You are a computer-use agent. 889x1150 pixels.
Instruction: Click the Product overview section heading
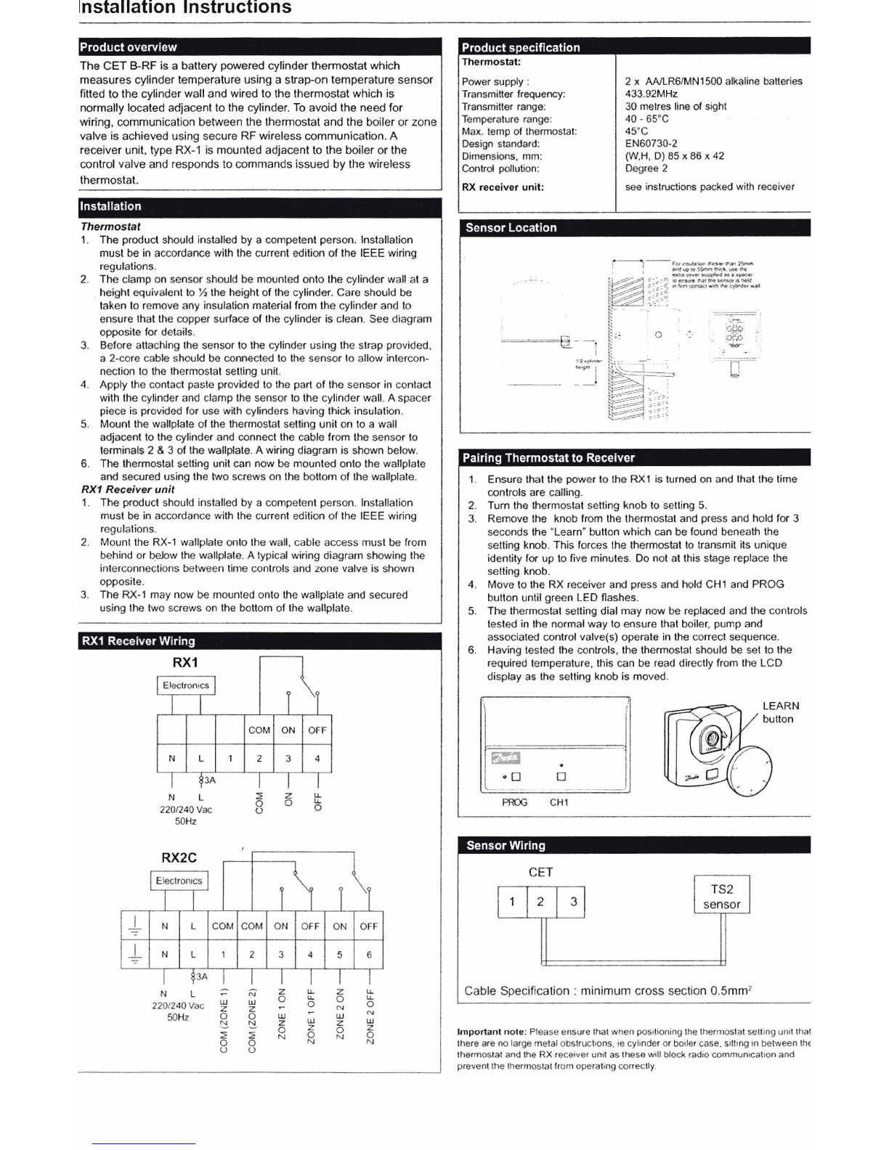(x=129, y=47)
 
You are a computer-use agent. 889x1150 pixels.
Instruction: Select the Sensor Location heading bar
(x=511, y=228)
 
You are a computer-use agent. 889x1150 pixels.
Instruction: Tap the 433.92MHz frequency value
(x=651, y=94)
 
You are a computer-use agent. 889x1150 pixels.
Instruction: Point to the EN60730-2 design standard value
(x=651, y=144)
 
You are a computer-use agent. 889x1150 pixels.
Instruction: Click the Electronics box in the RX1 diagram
(x=186, y=685)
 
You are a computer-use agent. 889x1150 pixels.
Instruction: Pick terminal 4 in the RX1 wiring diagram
(x=317, y=759)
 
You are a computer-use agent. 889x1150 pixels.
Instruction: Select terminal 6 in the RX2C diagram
(x=368, y=955)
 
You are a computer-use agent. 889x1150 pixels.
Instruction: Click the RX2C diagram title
(x=179, y=857)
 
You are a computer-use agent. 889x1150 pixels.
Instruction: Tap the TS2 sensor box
(x=721, y=897)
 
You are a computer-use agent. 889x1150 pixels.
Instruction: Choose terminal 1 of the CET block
(x=511, y=902)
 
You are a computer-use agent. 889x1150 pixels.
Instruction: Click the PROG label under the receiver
(x=514, y=802)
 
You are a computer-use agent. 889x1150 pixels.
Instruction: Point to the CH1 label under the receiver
(x=559, y=802)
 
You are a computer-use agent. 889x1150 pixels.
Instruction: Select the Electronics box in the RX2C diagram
(x=179, y=881)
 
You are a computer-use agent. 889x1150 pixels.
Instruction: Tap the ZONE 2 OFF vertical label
(x=370, y=1016)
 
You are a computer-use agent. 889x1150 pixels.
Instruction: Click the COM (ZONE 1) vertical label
(x=224, y=1019)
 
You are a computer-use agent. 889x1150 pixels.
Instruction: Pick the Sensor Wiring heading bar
(x=506, y=846)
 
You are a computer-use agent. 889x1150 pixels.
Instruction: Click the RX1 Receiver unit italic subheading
(x=128, y=489)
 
